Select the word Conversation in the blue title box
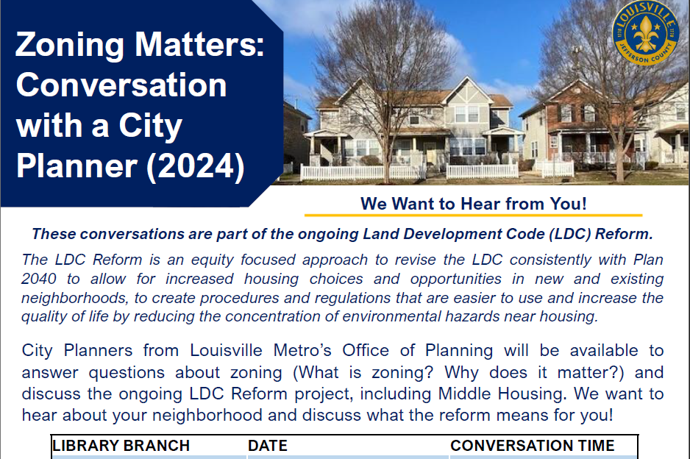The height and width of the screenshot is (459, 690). (x=121, y=85)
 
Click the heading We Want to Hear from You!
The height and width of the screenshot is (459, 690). (x=473, y=204)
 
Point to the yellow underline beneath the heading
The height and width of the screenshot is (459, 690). (x=473, y=216)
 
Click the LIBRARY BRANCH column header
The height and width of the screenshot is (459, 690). (x=121, y=446)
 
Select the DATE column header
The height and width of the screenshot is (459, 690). (x=268, y=446)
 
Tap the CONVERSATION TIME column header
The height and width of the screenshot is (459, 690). (x=532, y=446)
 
